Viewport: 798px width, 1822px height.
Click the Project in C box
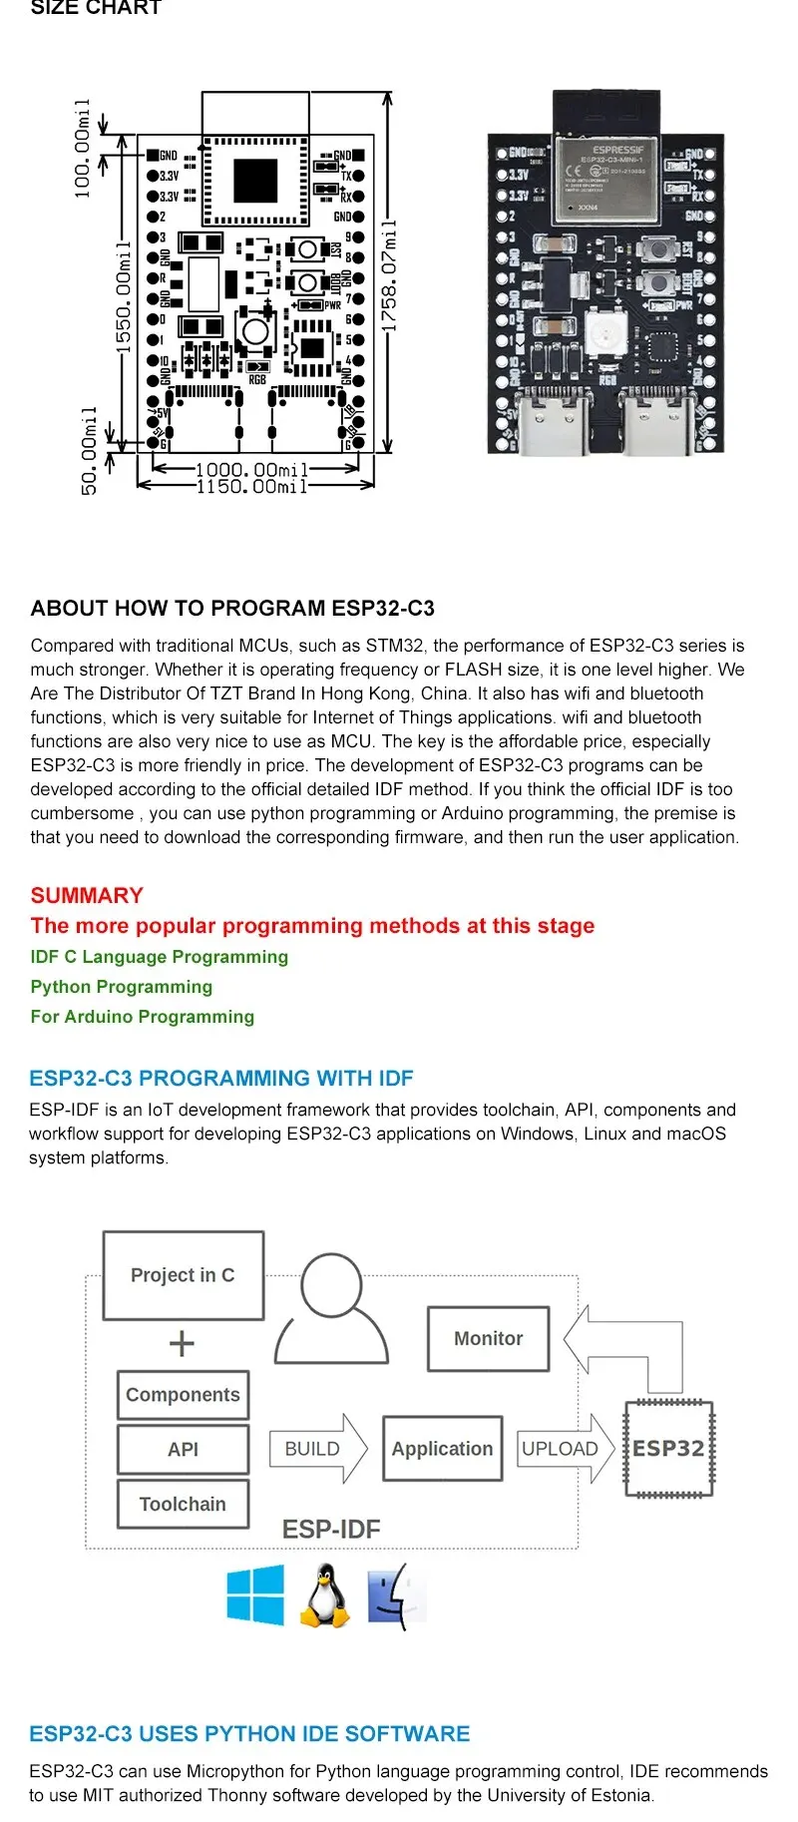[184, 1275]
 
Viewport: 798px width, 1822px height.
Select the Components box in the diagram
[183, 1395]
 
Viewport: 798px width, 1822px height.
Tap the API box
[183, 1449]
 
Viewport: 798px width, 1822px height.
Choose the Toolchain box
[183, 1504]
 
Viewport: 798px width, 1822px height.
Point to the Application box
[442, 1449]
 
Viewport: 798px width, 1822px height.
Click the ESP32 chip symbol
[668, 1449]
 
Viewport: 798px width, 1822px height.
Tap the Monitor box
[488, 1339]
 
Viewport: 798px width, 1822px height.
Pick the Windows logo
[255, 1594]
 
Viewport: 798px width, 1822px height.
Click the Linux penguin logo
[324, 1595]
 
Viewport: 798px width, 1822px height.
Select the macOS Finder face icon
[396, 1596]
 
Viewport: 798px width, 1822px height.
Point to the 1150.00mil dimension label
[251, 487]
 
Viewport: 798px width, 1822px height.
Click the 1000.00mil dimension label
[251, 469]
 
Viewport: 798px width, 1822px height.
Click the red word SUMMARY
[87, 895]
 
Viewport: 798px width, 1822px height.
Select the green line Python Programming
[122, 987]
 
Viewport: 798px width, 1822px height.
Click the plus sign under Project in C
[182, 1344]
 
